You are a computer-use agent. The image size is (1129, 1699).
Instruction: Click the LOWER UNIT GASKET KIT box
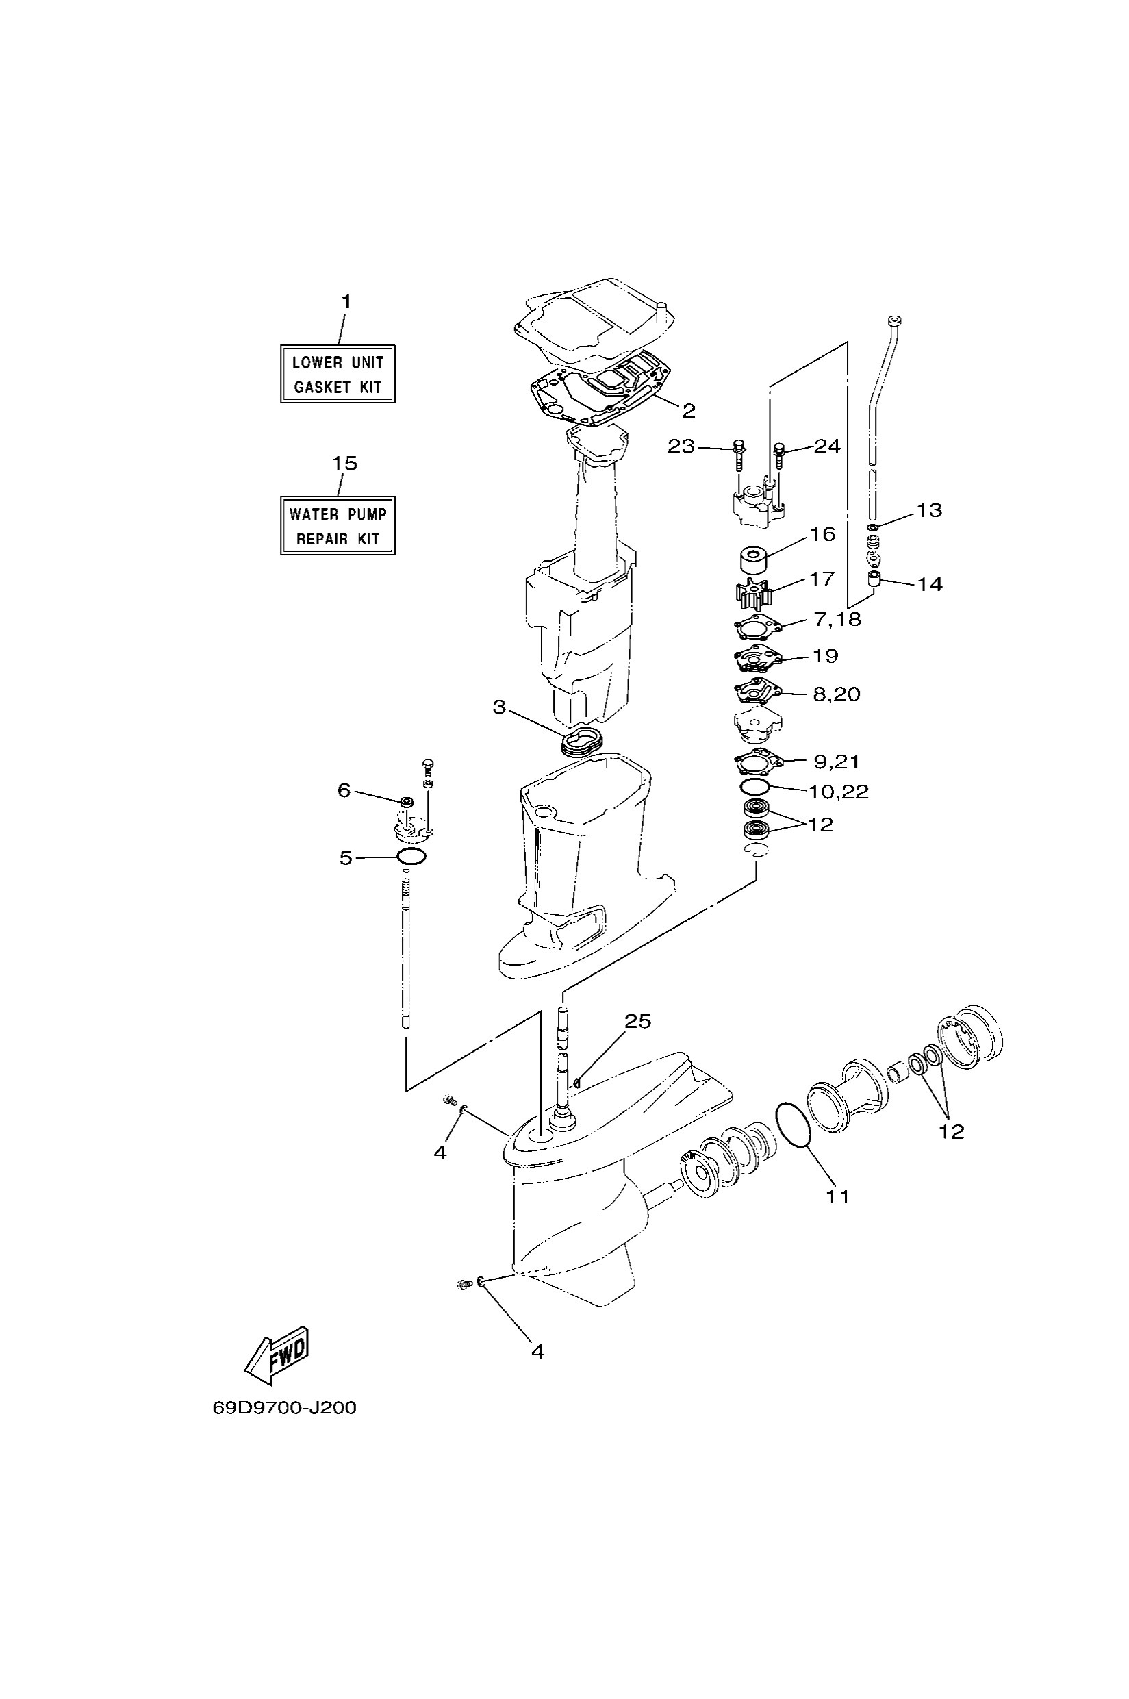point(338,374)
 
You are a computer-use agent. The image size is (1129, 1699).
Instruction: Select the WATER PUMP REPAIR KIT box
point(338,526)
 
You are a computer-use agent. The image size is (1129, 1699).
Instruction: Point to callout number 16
point(822,534)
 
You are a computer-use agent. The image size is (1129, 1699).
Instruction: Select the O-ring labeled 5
point(411,857)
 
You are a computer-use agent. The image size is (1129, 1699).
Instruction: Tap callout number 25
point(637,1021)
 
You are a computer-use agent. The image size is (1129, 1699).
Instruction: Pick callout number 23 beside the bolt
point(681,446)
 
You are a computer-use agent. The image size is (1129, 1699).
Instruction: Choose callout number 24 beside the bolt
point(827,446)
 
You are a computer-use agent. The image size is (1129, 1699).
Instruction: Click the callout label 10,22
point(838,792)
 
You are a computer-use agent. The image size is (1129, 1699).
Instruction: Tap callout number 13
point(929,510)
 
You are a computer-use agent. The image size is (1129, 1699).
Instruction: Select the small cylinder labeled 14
point(874,579)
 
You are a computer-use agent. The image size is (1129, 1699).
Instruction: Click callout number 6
point(344,791)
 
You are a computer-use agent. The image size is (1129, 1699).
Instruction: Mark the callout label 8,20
point(836,694)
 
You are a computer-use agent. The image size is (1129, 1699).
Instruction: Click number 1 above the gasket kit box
point(346,301)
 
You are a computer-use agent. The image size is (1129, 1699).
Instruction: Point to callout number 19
point(825,655)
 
